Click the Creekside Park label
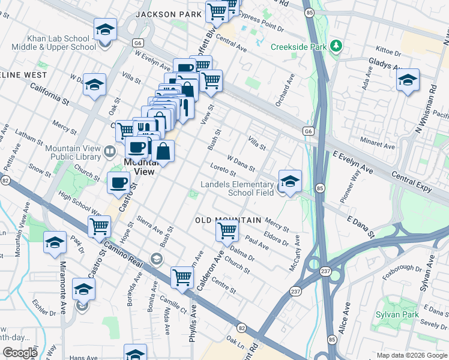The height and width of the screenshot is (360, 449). pyautogui.click(x=299, y=47)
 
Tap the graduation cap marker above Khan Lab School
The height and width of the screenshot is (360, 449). pyautogui.click(x=105, y=30)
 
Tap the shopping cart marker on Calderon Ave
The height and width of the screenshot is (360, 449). pyautogui.click(x=227, y=230)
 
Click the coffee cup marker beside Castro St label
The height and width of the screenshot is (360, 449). pyautogui.click(x=118, y=182)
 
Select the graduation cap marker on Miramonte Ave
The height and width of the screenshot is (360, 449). pyautogui.click(x=55, y=242)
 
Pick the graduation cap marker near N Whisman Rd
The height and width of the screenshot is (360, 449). pyautogui.click(x=408, y=80)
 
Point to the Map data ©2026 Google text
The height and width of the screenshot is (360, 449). pyautogui.click(x=411, y=355)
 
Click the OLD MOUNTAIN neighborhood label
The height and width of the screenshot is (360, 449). pyautogui.click(x=228, y=220)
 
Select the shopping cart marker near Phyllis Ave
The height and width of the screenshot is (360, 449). pyautogui.click(x=182, y=277)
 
